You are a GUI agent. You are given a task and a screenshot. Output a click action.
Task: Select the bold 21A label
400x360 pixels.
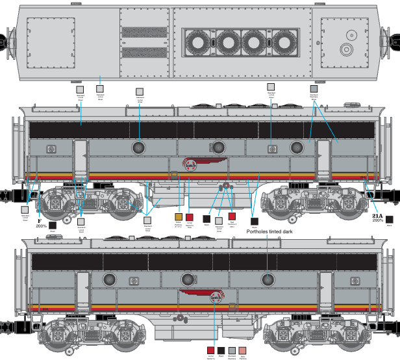(x=377, y=214)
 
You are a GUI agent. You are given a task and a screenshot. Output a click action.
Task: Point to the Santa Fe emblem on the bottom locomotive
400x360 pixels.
(x=218, y=298)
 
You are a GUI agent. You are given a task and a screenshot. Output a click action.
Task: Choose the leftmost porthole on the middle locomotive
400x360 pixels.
(x=139, y=147)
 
